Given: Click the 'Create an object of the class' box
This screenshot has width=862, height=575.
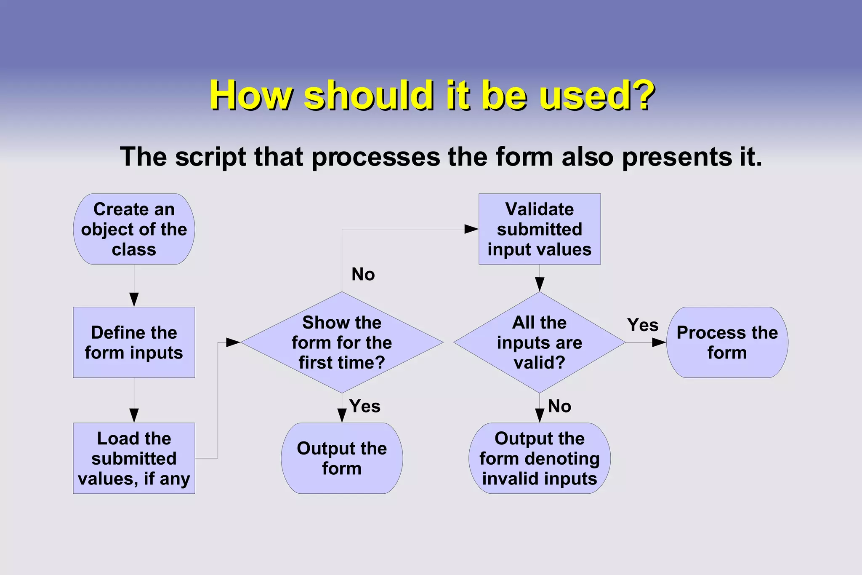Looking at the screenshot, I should click(134, 229).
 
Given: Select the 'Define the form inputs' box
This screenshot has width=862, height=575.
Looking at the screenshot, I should click(134, 342).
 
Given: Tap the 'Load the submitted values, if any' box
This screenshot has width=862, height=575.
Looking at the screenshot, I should click(134, 458).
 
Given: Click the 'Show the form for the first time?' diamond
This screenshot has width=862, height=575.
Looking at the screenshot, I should click(342, 342).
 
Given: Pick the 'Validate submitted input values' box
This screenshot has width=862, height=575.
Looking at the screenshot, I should click(540, 229).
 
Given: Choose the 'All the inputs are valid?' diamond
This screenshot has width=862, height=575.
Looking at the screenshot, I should click(540, 342).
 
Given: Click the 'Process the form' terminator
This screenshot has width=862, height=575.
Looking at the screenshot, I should click(727, 342).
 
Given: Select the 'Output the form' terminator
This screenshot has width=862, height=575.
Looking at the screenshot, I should click(342, 458).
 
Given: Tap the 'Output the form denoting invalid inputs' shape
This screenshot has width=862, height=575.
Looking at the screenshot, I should click(540, 458).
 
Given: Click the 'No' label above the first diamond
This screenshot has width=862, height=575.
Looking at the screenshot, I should click(363, 274).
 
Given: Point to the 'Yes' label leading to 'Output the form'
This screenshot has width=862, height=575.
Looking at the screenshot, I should click(364, 406).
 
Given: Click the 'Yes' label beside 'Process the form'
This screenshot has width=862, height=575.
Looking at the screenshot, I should click(643, 325).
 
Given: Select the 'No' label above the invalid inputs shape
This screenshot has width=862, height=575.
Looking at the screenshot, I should click(559, 406).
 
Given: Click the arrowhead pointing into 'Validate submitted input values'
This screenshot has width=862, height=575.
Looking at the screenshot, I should click(471, 229).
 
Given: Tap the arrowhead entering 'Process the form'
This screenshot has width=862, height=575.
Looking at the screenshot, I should click(659, 342).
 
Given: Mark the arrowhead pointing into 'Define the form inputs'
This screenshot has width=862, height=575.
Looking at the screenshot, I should click(134, 300).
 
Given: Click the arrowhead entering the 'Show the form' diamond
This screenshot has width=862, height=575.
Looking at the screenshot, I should click(233, 342).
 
